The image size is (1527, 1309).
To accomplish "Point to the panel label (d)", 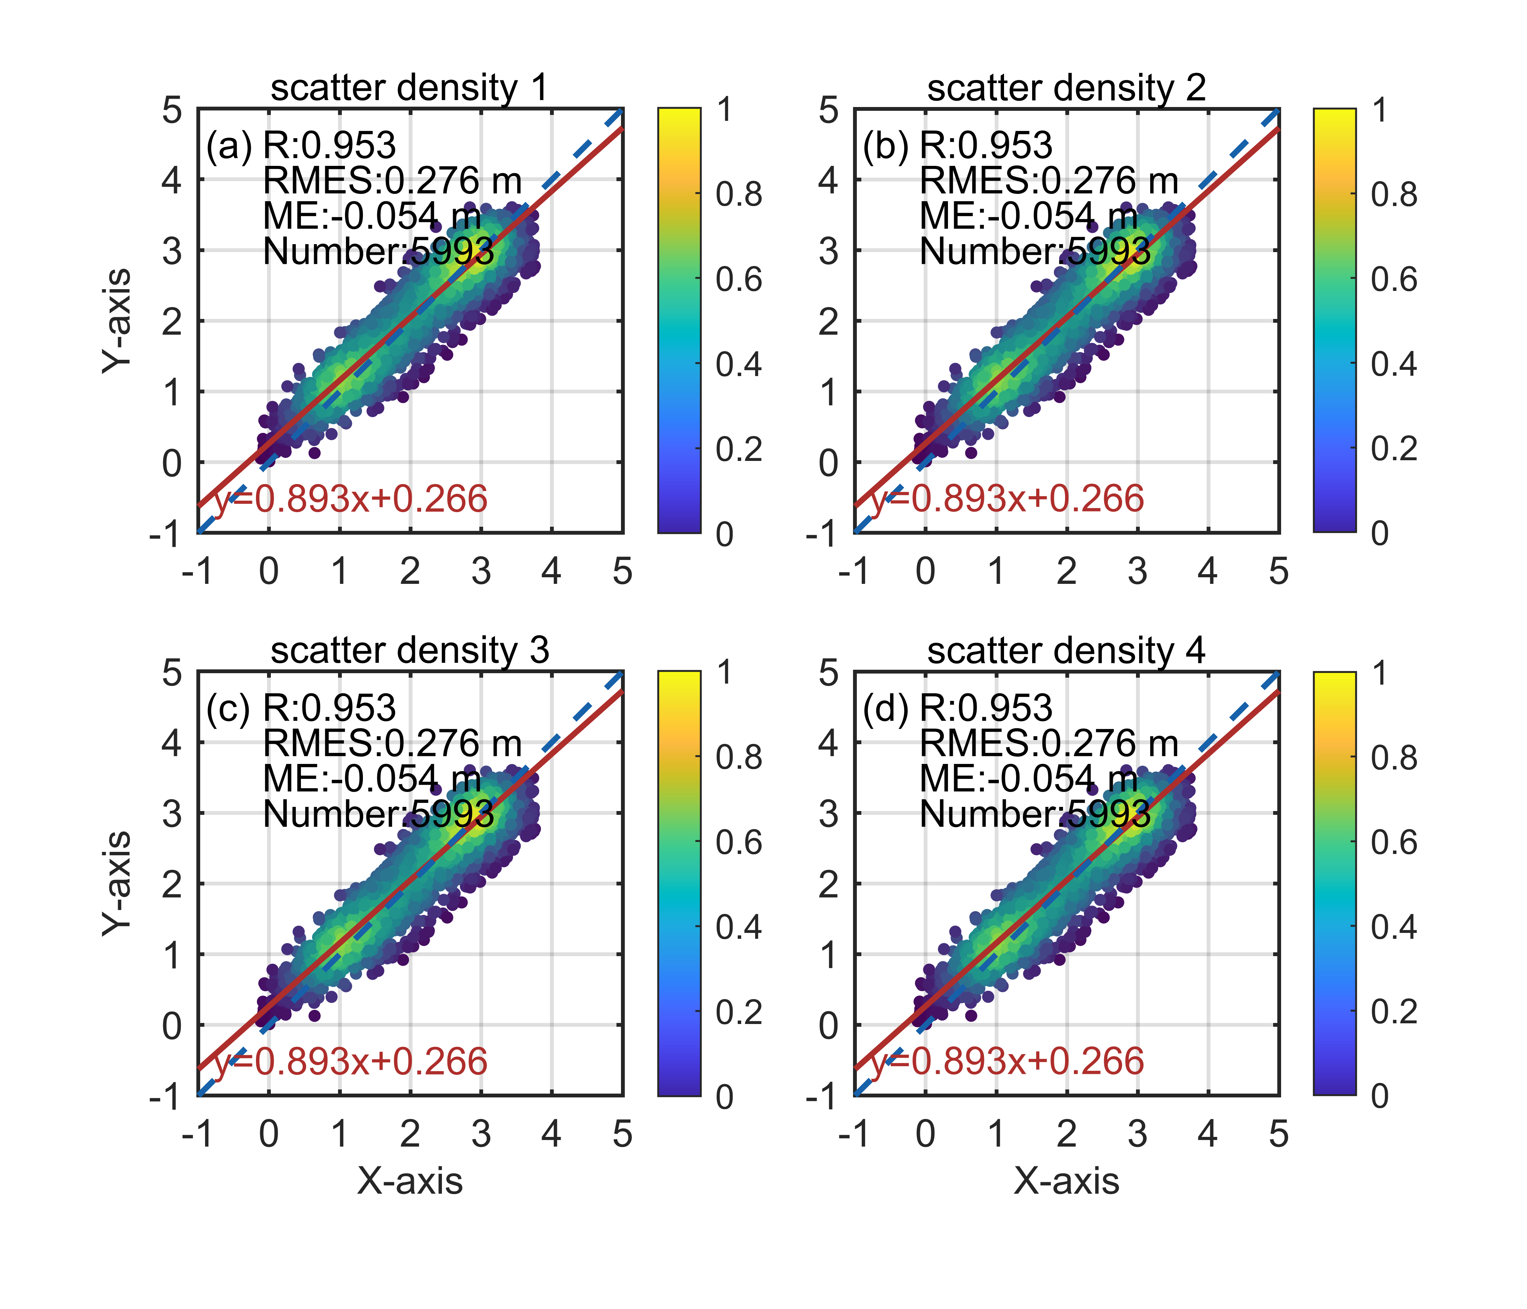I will [886, 708].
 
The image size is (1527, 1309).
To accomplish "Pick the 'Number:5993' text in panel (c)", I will [378, 814].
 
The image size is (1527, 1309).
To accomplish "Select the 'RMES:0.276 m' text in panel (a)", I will [392, 180].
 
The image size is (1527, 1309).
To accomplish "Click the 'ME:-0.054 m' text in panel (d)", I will [1028, 779].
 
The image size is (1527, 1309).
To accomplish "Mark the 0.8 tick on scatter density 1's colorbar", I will [738, 195].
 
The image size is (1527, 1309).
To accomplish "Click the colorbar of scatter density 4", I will [1334, 883].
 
